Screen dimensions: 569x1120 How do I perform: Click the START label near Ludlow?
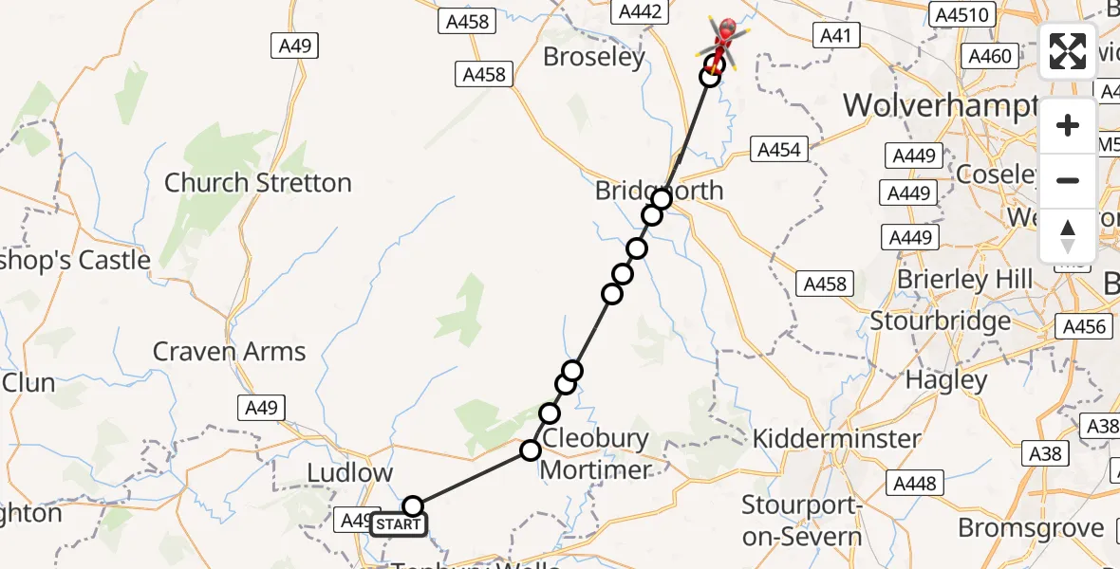tap(398, 524)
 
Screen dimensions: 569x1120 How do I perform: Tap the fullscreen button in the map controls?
tap(1068, 51)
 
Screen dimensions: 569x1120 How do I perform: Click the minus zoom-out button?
tap(1068, 180)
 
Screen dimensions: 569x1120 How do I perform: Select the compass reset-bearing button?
tap(1068, 235)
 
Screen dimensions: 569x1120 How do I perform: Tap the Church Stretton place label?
tap(257, 182)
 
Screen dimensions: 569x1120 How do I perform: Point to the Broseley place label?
tap(594, 57)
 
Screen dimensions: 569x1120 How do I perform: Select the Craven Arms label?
tap(229, 352)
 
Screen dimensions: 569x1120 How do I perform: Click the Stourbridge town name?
tap(941, 321)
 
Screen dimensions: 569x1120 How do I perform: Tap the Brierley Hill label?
tap(964, 280)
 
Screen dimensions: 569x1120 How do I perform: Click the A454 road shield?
tap(779, 149)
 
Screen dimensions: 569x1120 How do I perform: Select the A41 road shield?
tap(836, 36)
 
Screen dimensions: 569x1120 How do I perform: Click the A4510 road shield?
tap(962, 14)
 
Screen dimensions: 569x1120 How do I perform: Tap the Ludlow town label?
tap(350, 472)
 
